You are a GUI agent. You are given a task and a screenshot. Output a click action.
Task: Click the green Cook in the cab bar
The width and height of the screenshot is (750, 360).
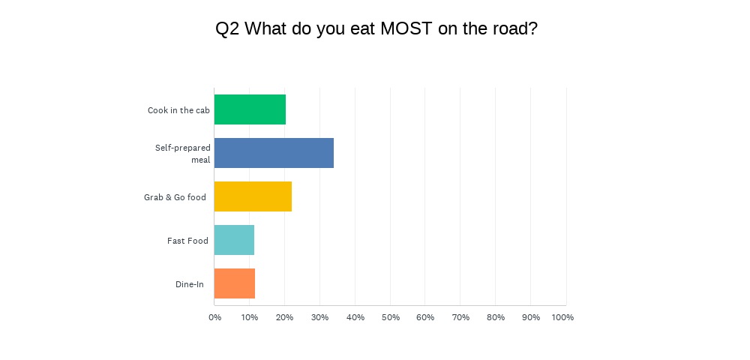pyautogui.click(x=250, y=109)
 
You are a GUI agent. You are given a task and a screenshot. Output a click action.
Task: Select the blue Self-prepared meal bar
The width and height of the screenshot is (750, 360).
pyautogui.click(x=274, y=153)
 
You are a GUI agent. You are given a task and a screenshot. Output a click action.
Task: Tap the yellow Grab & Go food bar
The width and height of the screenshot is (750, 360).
pyautogui.click(x=253, y=196)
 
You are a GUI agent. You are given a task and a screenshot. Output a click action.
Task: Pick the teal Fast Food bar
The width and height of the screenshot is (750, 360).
pyautogui.click(x=234, y=240)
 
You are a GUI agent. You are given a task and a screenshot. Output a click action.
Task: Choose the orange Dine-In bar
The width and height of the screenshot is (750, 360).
pyautogui.click(x=235, y=283)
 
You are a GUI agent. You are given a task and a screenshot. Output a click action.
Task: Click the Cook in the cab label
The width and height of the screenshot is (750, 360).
pyautogui.click(x=178, y=110)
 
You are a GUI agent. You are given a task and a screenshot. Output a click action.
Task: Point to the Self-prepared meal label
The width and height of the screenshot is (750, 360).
pyautogui.click(x=183, y=154)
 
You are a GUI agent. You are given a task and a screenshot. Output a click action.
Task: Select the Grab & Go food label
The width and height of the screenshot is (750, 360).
pyautogui.click(x=175, y=197)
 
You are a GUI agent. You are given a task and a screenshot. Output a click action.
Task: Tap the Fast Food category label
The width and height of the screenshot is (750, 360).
pyautogui.click(x=187, y=241)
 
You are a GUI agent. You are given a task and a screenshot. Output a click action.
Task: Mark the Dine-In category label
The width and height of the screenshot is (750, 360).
pyautogui.click(x=190, y=284)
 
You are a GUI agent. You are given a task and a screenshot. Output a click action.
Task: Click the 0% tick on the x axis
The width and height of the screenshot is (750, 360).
pyautogui.click(x=214, y=317)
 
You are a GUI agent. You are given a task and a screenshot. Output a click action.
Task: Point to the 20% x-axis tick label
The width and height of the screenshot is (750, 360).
pyautogui.click(x=284, y=317)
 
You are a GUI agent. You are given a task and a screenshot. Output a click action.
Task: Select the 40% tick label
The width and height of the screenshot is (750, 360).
pyautogui.click(x=355, y=317)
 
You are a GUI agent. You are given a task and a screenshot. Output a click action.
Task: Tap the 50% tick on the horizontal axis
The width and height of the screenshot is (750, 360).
pyautogui.click(x=390, y=317)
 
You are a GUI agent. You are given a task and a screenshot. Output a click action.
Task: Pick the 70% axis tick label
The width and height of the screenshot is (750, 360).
pyautogui.click(x=460, y=317)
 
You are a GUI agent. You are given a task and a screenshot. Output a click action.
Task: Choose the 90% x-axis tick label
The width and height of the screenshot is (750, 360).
pyautogui.click(x=530, y=317)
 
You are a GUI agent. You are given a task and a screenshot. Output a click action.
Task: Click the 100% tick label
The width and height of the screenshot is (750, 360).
pyautogui.click(x=562, y=317)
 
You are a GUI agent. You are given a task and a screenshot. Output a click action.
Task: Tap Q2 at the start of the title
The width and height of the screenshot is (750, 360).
pyautogui.click(x=227, y=29)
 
